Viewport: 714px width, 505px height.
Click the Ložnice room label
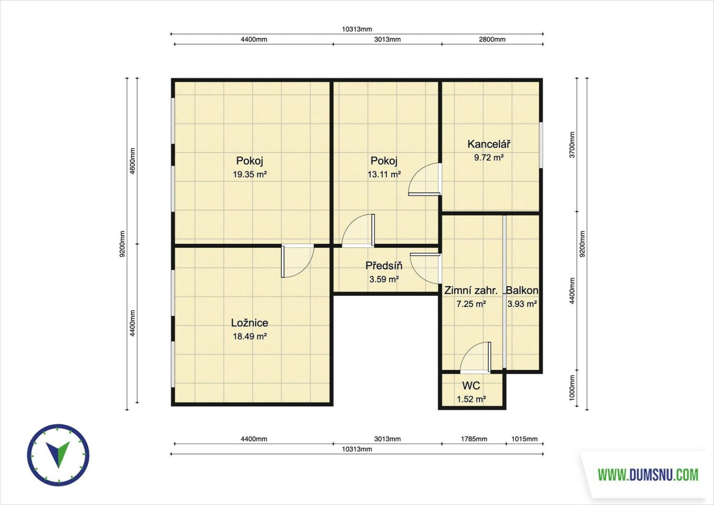(x=249, y=323)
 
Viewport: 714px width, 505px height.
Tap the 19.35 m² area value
(x=249, y=174)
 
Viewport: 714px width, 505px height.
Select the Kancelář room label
(x=488, y=144)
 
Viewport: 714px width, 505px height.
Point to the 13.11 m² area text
(x=384, y=174)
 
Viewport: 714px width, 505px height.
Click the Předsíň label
(x=384, y=266)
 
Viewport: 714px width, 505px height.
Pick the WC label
(x=471, y=386)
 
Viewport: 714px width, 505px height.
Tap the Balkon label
(x=522, y=290)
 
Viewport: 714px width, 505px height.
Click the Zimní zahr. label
(x=471, y=290)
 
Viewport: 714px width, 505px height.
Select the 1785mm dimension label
(x=474, y=439)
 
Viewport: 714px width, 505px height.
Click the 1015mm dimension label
(x=525, y=439)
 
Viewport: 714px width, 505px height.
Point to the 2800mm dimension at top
(x=492, y=39)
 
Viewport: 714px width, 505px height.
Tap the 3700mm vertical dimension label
(x=572, y=145)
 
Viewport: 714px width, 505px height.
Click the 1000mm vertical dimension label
(x=572, y=388)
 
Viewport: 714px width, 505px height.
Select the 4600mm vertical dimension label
(x=132, y=161)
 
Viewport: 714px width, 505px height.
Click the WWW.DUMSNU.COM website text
(x=648, y=475)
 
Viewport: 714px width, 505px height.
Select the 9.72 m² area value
(x=488, y=158)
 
